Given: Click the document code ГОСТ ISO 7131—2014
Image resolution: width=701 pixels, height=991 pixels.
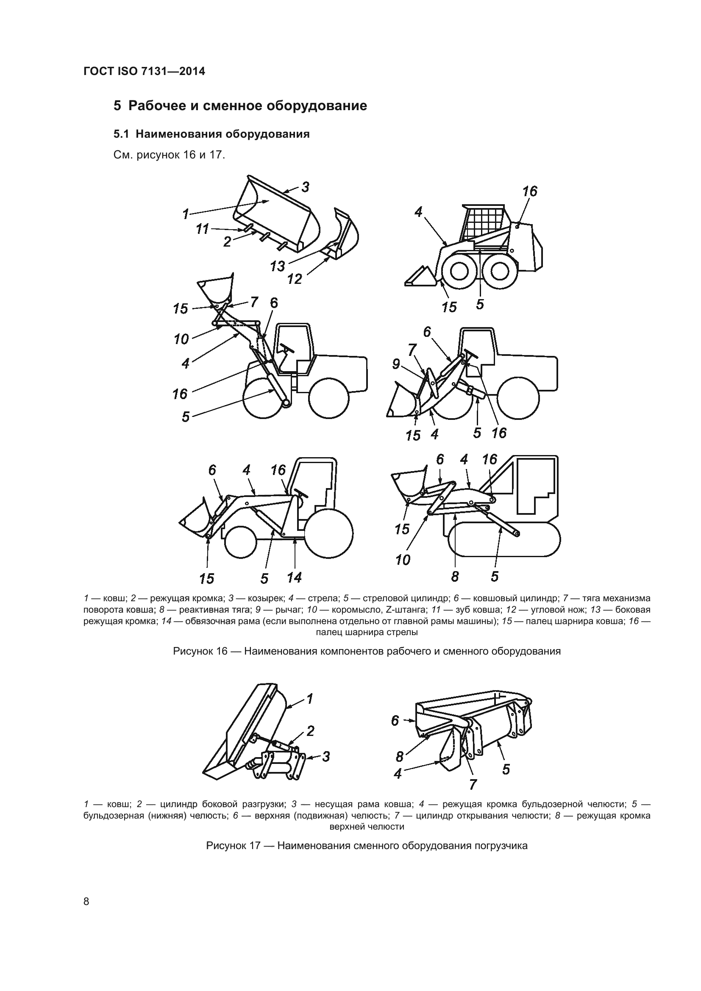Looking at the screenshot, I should click(x=144, y=72).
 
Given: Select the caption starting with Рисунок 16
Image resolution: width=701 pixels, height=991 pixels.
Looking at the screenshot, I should click(x=367, y=651).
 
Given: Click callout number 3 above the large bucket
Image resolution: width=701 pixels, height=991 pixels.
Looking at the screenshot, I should click(x=305, y=187).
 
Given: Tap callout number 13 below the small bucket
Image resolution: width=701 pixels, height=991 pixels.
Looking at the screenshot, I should click(x=278, y=266).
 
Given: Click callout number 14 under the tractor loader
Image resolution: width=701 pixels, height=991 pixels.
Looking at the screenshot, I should click(x=295, y=577).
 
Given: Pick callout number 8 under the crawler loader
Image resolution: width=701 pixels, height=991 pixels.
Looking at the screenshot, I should click(x=455, y=576).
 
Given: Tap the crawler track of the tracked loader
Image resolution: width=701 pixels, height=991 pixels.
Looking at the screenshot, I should click(x=504, y=539).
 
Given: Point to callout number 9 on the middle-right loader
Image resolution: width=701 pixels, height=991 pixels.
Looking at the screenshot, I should click(x=396, y=364).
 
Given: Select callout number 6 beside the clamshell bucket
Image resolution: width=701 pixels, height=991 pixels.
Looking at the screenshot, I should click(x=395, y=720).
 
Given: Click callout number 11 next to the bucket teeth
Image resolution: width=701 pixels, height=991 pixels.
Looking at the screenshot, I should click(x=202, y=229).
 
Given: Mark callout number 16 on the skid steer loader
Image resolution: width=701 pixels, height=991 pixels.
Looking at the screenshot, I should click(x=530, y=191).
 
